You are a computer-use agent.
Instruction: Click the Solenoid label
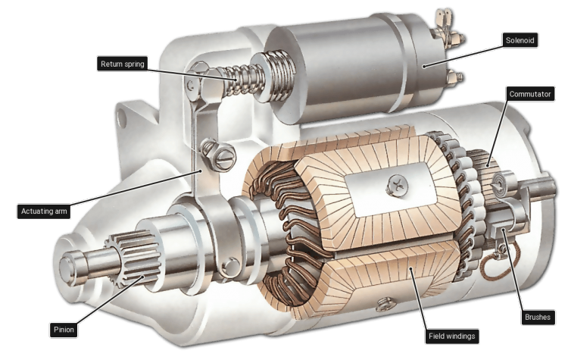pos(520,40)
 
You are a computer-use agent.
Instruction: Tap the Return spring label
pos(123,64)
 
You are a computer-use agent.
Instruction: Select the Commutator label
pos(530,94)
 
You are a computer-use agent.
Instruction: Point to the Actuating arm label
pos(44,211)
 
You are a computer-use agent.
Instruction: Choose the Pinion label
pos(64,330)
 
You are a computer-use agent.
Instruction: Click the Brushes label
pos(538,318)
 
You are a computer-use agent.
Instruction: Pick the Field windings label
pos(451,336)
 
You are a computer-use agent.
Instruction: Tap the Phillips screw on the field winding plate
pos(397,186)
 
